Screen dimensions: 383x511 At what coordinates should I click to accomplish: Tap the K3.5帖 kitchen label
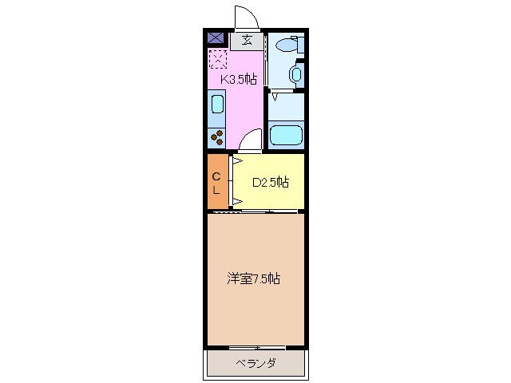[232, 79]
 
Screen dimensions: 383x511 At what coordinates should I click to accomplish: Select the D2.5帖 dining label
[271, 182]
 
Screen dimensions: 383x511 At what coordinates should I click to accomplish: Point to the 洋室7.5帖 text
[253, 278]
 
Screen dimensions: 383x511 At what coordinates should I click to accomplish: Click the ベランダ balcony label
[256, 364]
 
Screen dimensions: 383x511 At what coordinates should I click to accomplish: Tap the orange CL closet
[216, 183]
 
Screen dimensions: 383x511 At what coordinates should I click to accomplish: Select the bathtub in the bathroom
[286, 134]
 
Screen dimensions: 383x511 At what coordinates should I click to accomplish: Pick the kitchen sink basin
[217, 105]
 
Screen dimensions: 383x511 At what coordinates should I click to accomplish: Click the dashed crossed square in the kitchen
[217, 57]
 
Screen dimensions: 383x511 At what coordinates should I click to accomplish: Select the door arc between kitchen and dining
[251, 140]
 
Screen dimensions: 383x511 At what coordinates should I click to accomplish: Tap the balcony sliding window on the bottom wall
[255, 348]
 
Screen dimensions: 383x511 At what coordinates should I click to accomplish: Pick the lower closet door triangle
[237, 199]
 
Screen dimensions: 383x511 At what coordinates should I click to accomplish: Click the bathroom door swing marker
[275, 97]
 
